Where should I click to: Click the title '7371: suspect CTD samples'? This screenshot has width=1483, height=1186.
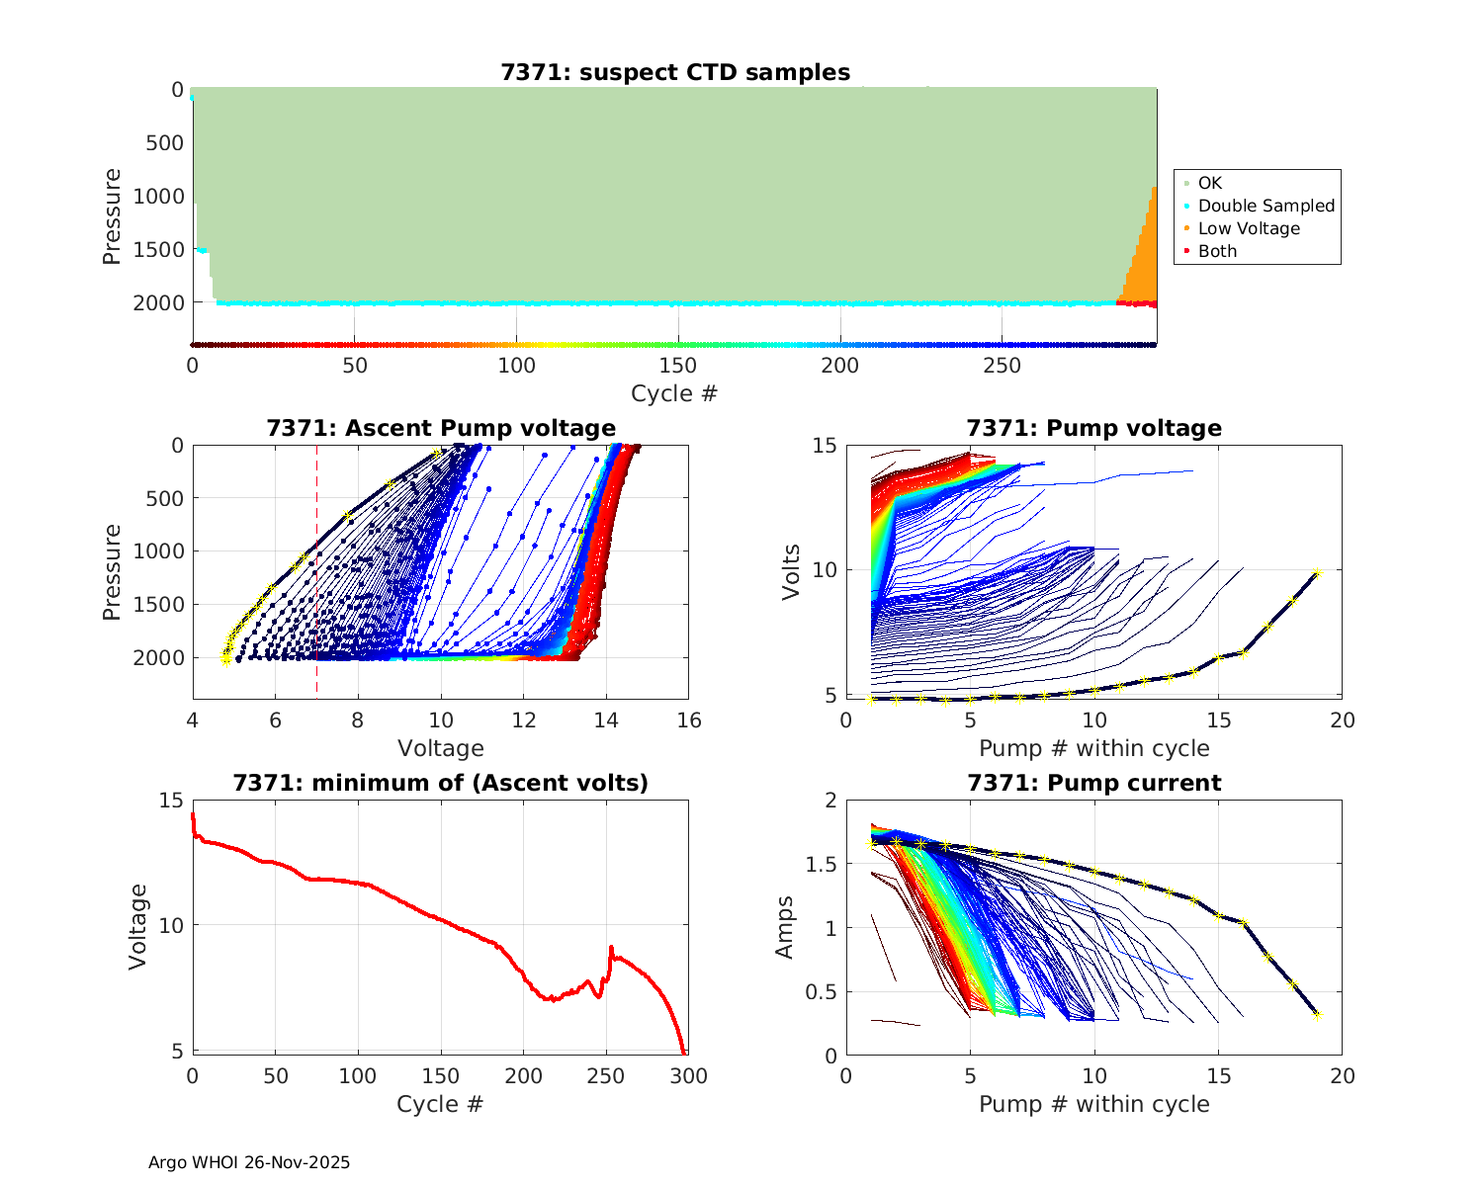(675, 72)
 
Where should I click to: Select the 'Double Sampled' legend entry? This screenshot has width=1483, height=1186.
(1265, 206)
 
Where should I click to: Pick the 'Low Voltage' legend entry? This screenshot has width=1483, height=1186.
(1249, 228)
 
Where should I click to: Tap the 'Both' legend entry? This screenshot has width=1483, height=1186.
(1217, 251)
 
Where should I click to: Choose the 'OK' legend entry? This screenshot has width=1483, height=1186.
(1209, 183)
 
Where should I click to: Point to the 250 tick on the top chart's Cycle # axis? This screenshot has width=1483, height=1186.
(1002, 366)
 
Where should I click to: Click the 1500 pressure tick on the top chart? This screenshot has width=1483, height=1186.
(158, 250)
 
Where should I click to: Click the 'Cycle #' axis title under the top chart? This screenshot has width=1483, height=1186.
(674, 393)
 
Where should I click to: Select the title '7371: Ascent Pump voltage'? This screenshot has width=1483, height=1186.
(441, 428)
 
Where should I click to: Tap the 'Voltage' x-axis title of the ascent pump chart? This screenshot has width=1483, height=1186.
(441, 748)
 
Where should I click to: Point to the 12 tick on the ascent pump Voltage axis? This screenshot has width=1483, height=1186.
(524, 720)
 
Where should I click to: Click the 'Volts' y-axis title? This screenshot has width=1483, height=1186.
(791, 570)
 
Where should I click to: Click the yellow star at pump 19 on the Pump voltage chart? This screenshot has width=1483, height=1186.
(1317, 571)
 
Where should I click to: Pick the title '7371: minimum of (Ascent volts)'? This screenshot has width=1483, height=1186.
(441, 783)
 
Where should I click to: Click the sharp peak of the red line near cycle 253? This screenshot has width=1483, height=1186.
(611, 947)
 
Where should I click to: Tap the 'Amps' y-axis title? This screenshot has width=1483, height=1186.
(785, 927)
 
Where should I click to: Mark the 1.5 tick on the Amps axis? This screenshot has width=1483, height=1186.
(817, 865)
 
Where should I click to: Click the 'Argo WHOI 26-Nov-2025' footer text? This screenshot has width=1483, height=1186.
(249, 1162)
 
